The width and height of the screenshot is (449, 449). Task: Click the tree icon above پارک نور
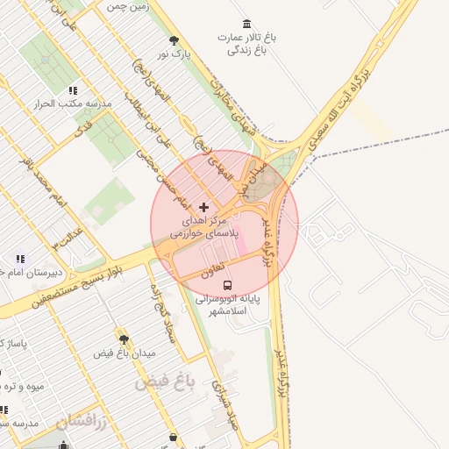174,39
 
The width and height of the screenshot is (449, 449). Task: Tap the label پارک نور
174,54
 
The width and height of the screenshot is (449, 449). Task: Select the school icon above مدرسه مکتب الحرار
73,89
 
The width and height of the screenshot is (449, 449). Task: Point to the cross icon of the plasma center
204,207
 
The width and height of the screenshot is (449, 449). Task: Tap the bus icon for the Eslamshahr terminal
227,285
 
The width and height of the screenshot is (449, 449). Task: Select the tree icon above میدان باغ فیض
124,338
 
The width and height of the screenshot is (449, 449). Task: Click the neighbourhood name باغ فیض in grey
164,382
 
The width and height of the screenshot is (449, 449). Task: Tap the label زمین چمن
128,5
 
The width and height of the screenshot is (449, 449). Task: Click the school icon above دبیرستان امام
20,258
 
